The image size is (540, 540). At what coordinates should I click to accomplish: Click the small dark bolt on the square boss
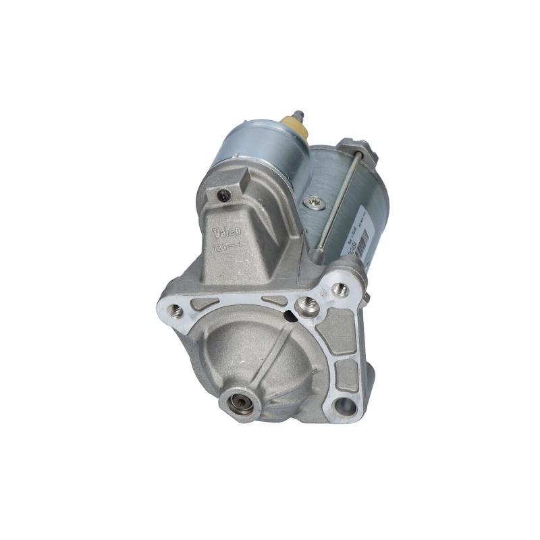coord(223,196)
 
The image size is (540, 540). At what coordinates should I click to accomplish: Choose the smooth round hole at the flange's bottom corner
coord(346,406)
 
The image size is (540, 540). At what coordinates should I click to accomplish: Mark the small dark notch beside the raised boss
coord(291,312)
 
